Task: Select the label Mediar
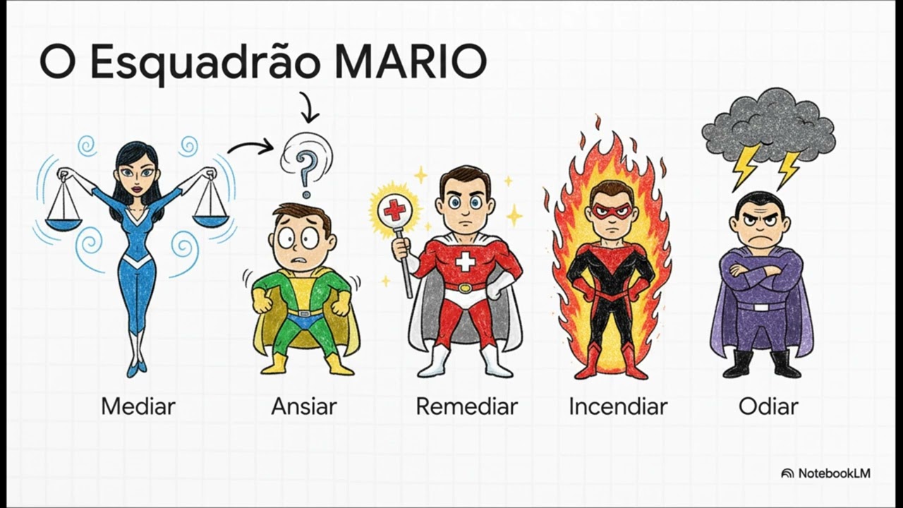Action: pyautogui.click(x=138, y=406)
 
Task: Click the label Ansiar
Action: pyautogui.click(x=304, y=406)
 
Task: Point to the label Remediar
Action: pyautogui.click(x=466, y=406)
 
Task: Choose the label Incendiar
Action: pyautogui.click(x=618, y=406)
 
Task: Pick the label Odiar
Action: pyautogui.click(x=768, y=406)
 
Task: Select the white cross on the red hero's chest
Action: pyautogui.click(x=465, y=262)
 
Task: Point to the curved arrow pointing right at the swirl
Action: pyautogui.click(x=250, y=146)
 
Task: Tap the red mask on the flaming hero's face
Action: pyautogui.click(x=611, y=210)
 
